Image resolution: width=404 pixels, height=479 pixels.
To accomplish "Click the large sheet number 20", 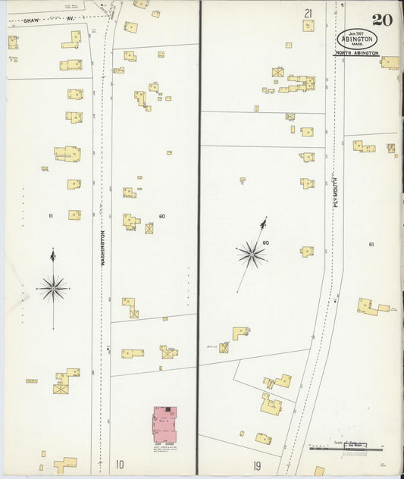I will [381, 18].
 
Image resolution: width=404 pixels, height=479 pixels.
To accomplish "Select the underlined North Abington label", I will [356, 53].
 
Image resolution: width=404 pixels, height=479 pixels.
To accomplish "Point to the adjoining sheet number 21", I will [308, 13].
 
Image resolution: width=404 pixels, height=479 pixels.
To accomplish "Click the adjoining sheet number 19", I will [257, 465].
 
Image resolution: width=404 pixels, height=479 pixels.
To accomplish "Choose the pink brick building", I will [165, 424].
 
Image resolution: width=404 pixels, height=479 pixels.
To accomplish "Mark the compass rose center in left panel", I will [53, 288].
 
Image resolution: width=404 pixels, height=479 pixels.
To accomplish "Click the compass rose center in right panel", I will [251, 255].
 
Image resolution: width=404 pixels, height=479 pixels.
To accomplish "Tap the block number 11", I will [51, 216].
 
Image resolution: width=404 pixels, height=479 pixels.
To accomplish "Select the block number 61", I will [371, 244].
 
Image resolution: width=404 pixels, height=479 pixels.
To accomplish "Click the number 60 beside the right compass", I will [265, 243].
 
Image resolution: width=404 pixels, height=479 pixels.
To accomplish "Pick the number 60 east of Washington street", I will [162, 216].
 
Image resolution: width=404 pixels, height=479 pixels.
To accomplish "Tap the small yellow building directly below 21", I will [308, 26].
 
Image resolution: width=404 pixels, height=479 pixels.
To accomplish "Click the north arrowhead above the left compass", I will [52, 255].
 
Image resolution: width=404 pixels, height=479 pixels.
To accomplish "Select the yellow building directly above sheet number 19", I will [263, 439].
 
